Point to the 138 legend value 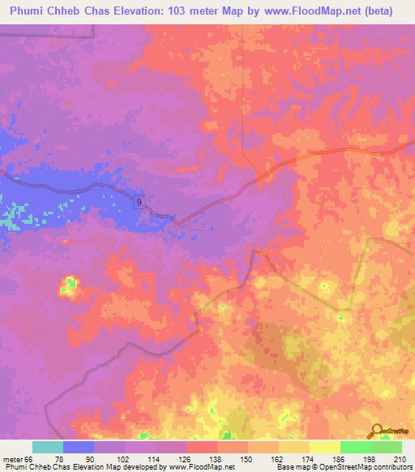click(x=216, y=459)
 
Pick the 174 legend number click(x=309, y=459)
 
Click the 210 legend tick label click(x=401, y=459)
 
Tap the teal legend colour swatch click(x=47, y=447)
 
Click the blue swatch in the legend click(x=78, y=447)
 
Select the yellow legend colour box click(x=324, y=447)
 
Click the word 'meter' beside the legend click(x=11, y=459)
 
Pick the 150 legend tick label click(x=247, y=459)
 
